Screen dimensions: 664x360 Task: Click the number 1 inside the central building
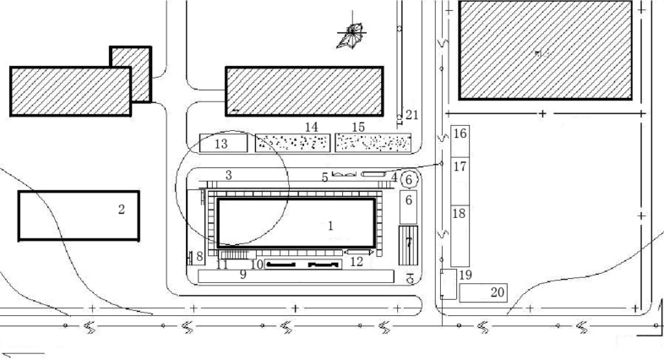330,226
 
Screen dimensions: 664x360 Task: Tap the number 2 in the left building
122,209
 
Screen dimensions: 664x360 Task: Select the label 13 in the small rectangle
221,145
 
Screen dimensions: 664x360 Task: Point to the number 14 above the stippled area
312,127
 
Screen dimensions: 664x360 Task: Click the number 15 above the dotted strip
358,127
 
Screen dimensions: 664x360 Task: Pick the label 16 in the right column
460,134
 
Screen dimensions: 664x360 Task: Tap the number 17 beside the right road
460,166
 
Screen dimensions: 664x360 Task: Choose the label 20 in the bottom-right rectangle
498,292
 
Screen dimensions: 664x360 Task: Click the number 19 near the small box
465,275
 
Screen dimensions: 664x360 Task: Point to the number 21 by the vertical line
411,114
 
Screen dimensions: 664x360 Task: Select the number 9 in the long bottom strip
242,275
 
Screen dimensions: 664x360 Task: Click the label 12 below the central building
356,262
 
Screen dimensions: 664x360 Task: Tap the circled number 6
409,179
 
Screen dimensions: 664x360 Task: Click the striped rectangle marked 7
408,243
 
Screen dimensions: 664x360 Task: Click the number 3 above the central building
228,175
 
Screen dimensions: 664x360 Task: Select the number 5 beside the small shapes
324,177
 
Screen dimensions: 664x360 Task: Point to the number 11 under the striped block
222,265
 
